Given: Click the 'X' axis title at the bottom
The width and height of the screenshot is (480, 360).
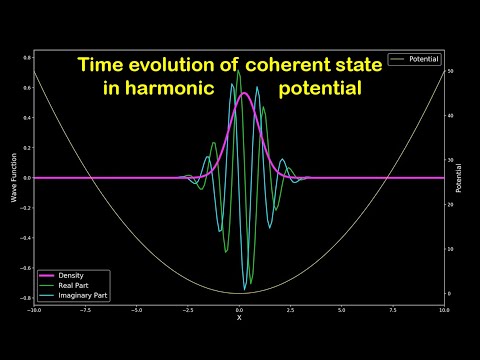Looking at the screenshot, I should click(239, 318).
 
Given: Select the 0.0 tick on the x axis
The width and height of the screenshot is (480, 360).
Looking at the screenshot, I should click(239, 310).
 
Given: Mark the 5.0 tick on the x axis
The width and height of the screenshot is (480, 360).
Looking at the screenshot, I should click(342, 310).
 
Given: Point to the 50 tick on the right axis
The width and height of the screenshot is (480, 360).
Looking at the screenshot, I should click(451, 71).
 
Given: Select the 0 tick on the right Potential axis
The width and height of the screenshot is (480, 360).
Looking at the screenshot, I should click(450, 293).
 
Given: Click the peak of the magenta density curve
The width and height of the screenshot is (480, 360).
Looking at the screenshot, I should click(243, 94).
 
